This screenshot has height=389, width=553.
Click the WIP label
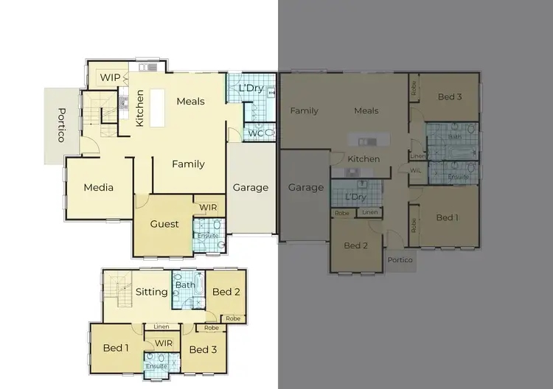111,77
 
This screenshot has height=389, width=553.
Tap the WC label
254,133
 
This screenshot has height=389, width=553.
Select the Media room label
98,188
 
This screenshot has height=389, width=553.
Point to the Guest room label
164,224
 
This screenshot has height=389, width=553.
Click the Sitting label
152,292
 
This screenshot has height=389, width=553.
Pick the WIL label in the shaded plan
417,171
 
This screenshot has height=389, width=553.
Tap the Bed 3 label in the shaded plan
450,97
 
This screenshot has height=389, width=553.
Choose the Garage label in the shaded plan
305,187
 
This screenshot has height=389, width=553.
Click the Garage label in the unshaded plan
251,188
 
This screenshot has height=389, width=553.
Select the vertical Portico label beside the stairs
62,126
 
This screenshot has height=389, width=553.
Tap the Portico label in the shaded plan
400,260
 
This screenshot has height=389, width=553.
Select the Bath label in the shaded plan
454,136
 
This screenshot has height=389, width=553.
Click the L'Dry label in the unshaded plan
251,88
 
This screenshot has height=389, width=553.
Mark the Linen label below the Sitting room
161,327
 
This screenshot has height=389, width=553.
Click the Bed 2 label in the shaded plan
356,245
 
